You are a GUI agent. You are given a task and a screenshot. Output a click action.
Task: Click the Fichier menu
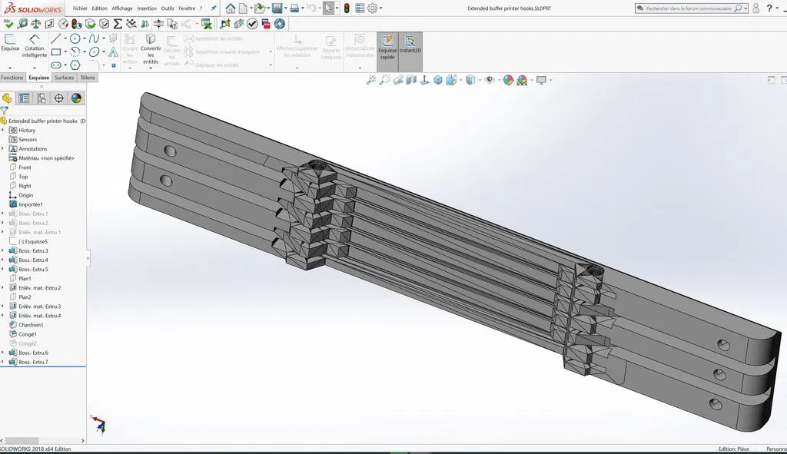pyautogui.click(x=80, y=8)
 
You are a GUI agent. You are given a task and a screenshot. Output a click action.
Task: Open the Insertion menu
pyautogui.click(x=146, y=8)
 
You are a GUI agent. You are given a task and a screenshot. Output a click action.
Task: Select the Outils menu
pyautogui.click(x=168, y=8)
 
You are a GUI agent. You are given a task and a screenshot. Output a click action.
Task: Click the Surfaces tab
pyautogui.click(x=65, y=78)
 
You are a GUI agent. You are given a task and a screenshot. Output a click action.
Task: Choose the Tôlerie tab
pyautogui.click(x=88, y=78)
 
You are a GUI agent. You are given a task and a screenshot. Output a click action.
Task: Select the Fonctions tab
pyautogui.click(x=12, y=78)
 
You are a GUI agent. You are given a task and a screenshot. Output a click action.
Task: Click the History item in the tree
pyautogui.click(x=27, y=131)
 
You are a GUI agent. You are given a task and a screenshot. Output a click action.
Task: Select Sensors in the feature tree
pyautogui.click(x=28, y=140)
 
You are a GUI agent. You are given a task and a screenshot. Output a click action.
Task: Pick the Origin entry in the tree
pyautogui.click(x=25, y=195)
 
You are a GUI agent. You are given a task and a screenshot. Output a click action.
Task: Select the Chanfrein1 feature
pyautogui.click(x=31, y=325)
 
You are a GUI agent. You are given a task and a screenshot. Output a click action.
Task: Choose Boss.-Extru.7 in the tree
pyautogui.click(x=33, y=362)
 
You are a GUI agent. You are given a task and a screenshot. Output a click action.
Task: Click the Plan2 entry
pyautogui.click(x=25, y=297)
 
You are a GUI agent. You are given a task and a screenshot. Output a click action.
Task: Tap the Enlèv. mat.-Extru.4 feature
pyautogui.click(x=39, y=316)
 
